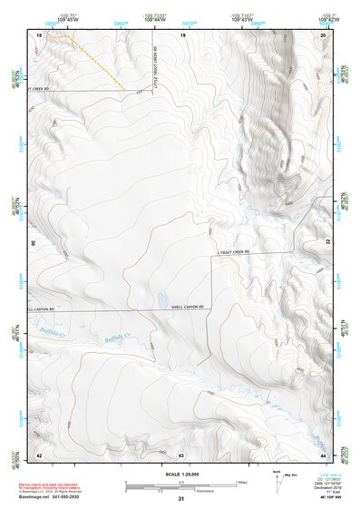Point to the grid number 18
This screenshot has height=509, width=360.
(x=39, y=34)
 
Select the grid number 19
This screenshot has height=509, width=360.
(x=182, y=34)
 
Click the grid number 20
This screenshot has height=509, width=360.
(x=324, y=34)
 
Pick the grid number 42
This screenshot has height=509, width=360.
(x=39, y=454)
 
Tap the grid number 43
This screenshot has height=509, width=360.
(x=181, y=454)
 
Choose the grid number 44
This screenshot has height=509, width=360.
(x=324, y=454)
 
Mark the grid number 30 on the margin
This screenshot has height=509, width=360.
(x=33, y=243)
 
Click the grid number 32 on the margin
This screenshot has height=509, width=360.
(x=328, y=243)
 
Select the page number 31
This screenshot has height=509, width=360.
(x=181, y=499)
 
